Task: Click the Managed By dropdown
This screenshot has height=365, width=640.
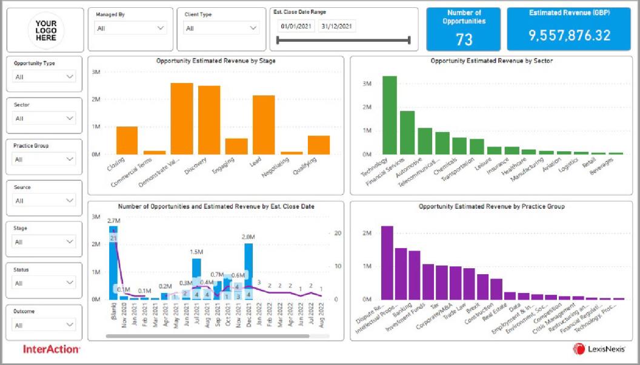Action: [x=131, y=28]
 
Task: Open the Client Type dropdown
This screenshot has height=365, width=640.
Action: [x=221, y=28]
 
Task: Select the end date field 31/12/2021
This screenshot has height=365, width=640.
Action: [x=337, y=26]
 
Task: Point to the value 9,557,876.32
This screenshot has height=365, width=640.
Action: [x=569, y=36]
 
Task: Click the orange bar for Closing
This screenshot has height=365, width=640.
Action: [x=127, y=140]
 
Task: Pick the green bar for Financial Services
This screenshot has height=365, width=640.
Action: [x=407, y=133]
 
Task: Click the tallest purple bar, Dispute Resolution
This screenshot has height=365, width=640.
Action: [x=387, y=263]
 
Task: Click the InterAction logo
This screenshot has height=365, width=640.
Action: [x=52, y=349]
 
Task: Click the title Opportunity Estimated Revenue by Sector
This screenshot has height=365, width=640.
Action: [x=492, y=61]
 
